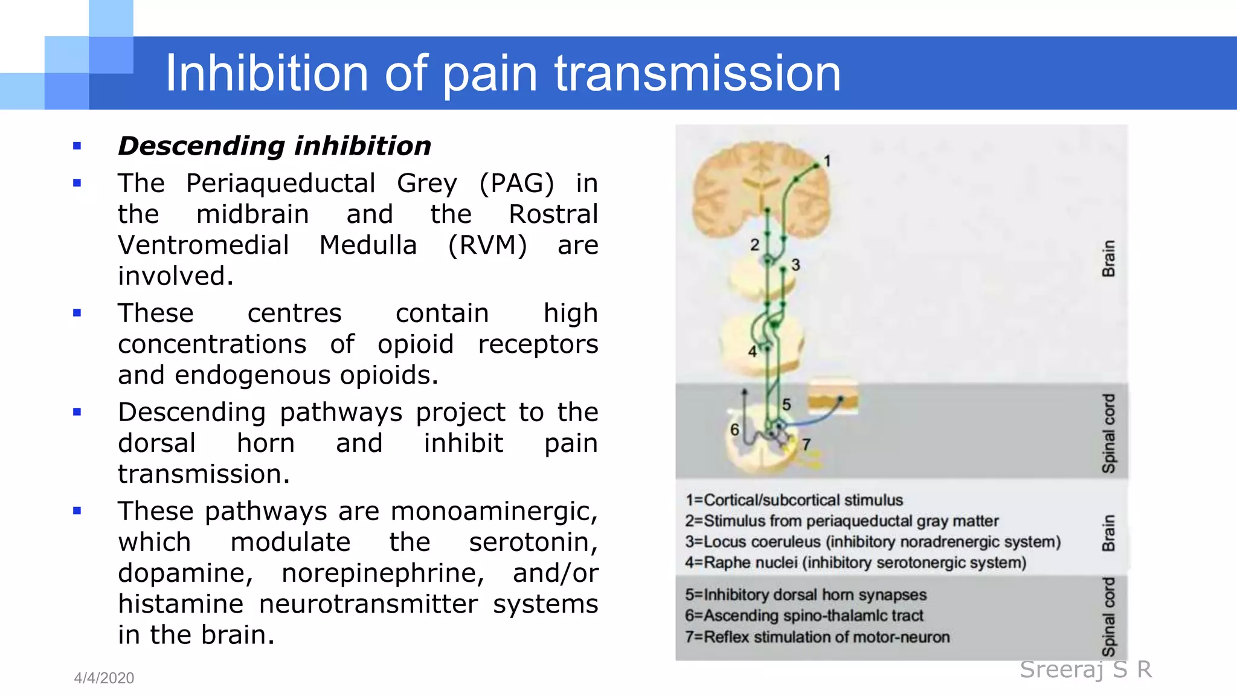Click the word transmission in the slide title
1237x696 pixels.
tap(697, 74)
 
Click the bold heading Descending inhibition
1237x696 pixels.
tap(275, 146)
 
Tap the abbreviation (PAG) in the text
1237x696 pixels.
tap(516, 183)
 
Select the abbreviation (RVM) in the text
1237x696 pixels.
tap(487, 245)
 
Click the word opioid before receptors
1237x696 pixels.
tap(416, 344)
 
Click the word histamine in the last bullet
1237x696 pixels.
tap(181, 604)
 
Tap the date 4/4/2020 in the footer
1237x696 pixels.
tap(104, 678)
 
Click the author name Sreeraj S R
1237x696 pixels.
tap(1085, 669)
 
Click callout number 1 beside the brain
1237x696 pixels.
tap(827, 161)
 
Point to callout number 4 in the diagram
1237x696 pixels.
tap(752, 352)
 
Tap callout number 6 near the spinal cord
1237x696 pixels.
tap(734, 430)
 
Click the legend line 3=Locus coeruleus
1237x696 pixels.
tap(872, 542)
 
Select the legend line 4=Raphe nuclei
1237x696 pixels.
tap(855, 563)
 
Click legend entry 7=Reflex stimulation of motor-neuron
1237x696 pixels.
tap(817, 637)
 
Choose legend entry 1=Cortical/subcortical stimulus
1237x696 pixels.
tap(794, 500)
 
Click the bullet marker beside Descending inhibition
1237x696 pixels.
tap(77, 146)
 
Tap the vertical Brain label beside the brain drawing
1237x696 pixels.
tap(1108, 259)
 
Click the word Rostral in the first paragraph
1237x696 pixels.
tap(553, 214)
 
